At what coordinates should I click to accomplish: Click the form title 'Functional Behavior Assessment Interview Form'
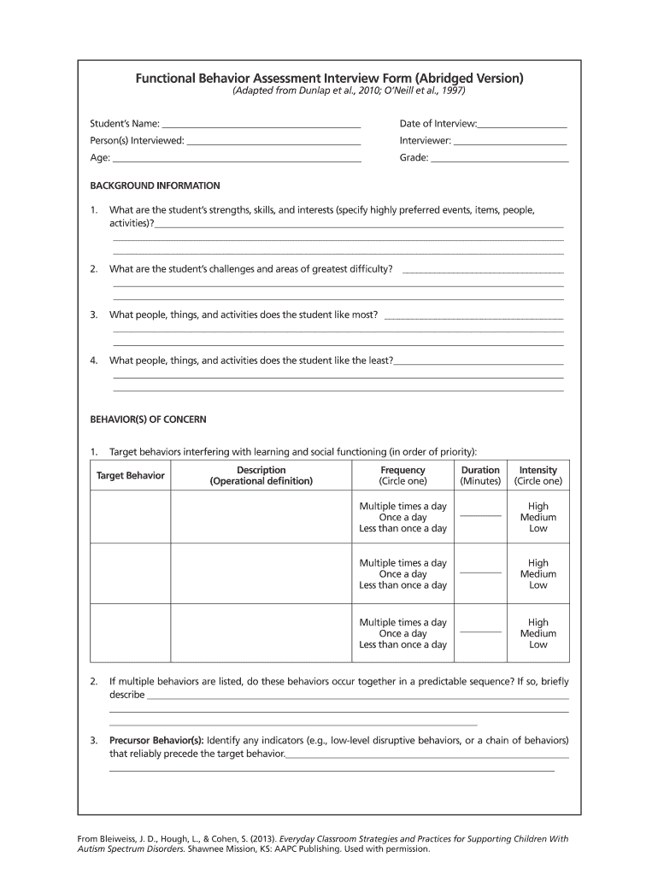point(329,79)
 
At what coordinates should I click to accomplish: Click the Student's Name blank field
point(261,126)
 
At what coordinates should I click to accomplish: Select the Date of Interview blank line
point(522,126)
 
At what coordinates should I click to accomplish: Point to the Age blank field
point(237,159)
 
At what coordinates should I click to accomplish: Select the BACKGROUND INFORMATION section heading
point(155,185)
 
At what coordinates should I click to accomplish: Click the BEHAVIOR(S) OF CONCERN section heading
point(148,420)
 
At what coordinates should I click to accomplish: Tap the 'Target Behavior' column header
point(131,475)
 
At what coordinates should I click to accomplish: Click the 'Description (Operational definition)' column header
point(261,475)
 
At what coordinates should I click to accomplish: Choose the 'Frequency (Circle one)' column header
point(402,475)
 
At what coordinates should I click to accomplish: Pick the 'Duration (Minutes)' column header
point(480,475)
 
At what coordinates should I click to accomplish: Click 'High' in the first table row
point(538,506)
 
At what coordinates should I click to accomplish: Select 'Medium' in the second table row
point(538,574)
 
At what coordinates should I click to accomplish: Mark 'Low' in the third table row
point(538,645)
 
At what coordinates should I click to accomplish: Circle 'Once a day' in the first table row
point(402,517)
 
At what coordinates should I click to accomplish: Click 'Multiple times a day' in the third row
point(402,622)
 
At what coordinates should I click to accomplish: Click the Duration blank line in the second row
point(480,572)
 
